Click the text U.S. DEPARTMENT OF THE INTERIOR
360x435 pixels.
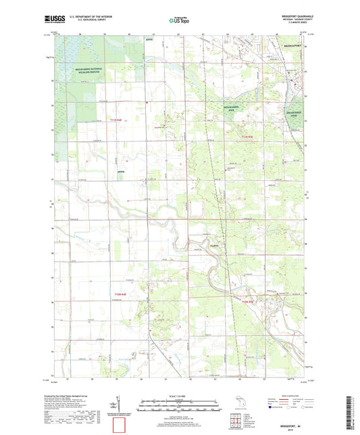pos(104,18)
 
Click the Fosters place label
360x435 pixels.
pos(215,247)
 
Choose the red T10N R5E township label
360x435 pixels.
pos(249,301)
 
